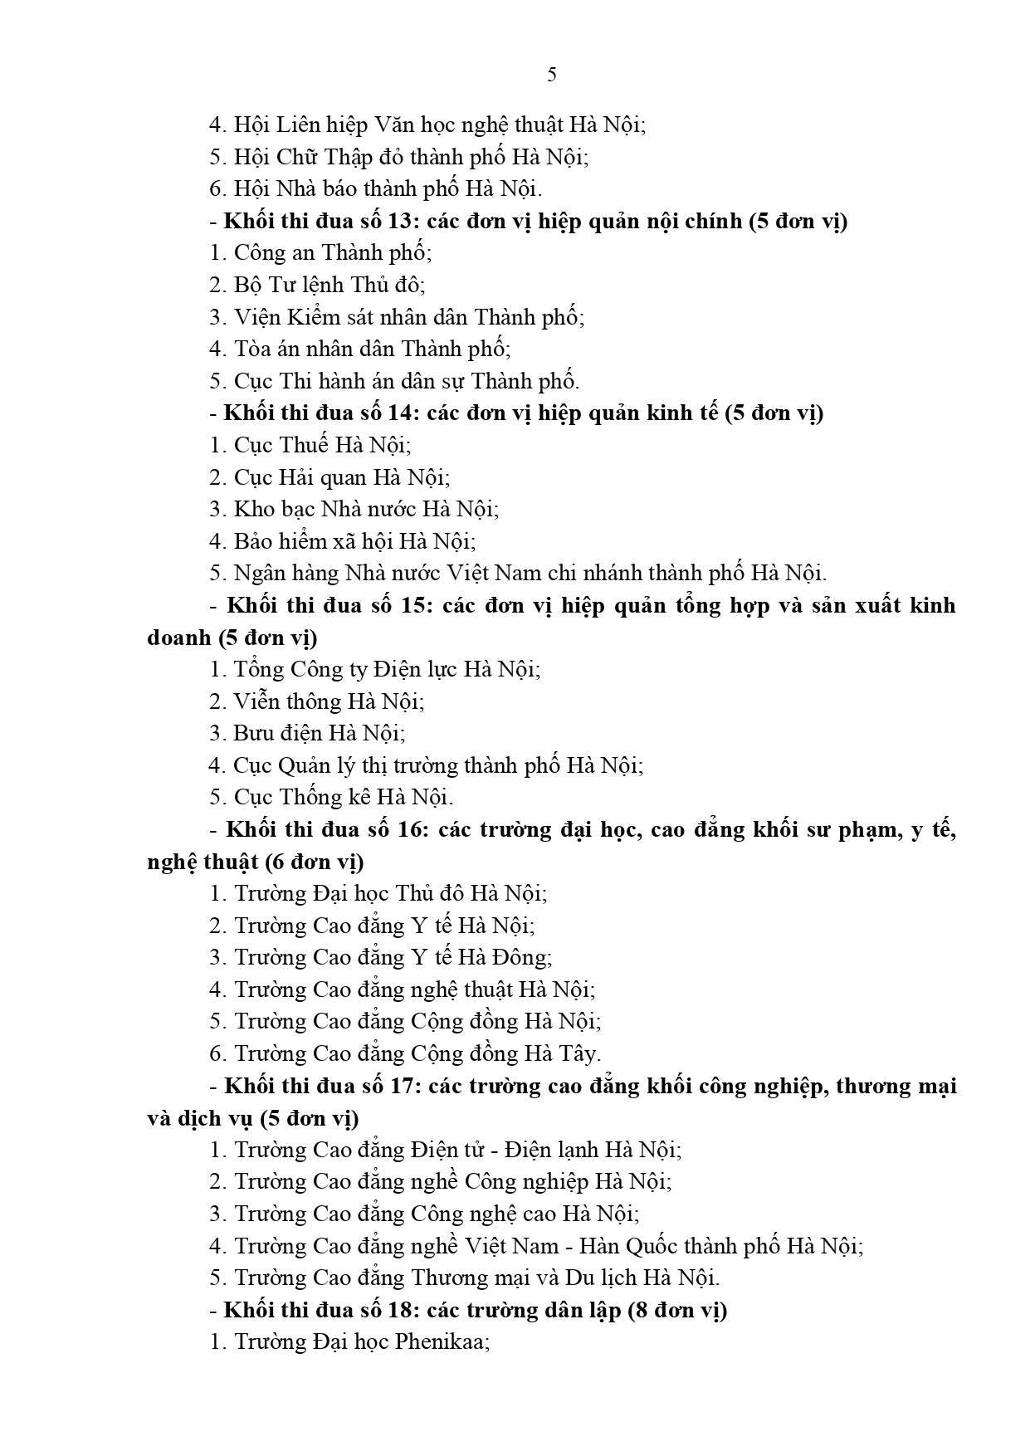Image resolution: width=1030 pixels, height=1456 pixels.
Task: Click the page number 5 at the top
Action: click(552, 76)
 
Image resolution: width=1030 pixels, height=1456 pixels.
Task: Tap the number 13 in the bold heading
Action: click(400, 222)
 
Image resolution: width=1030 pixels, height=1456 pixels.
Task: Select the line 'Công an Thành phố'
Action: click(320, 253)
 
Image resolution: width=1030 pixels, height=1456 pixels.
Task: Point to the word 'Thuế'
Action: click(305, 445)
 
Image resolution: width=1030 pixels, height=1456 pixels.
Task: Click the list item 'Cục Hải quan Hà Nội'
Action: click(330, 477)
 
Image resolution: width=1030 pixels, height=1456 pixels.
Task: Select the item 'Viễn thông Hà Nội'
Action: click(316, 701)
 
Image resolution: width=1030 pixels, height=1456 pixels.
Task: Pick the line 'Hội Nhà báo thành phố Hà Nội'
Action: click(375, 189)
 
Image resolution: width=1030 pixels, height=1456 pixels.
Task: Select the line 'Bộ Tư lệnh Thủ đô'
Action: click(317, 285)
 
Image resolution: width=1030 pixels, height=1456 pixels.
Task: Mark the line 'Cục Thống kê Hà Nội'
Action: click(331, 797)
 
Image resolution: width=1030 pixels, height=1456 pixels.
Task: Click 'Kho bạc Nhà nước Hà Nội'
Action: click(354, 509)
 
